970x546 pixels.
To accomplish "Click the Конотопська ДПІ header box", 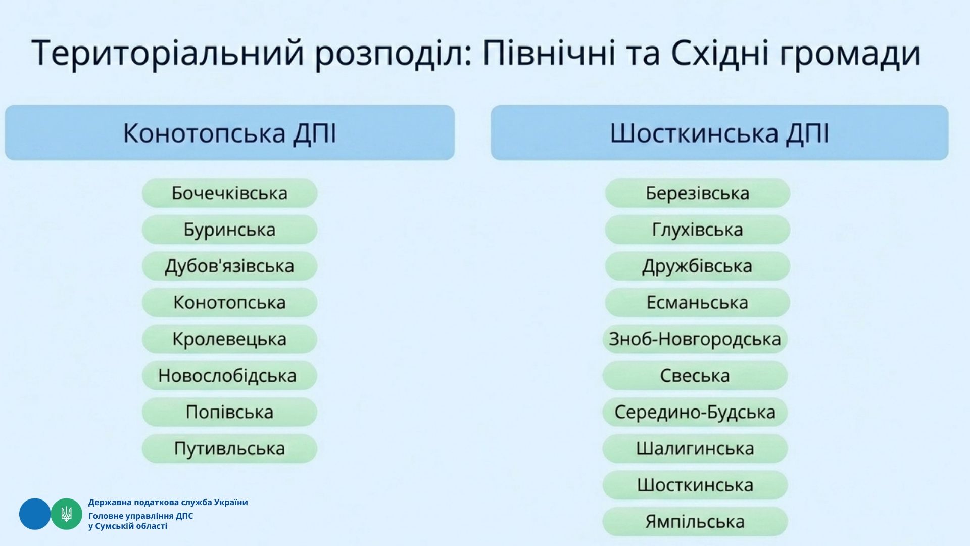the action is [x=230, y=132].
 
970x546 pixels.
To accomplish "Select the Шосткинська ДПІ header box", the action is [x=719, y=132].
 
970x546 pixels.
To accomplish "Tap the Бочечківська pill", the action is [x=229, y=193].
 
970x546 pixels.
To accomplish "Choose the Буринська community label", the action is [x=229, y=230].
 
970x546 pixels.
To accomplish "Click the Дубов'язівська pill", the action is [x=229, y=266].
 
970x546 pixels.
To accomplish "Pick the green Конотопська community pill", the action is [x=229, y=302].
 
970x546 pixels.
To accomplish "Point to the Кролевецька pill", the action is [x=229, y=339].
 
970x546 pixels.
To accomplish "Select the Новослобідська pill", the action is [x=229, y=375].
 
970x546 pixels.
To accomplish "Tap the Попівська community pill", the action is [x=229, y=412].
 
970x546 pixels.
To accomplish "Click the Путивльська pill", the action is [x=229, y=448].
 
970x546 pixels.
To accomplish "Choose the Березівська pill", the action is [x=697, y=193].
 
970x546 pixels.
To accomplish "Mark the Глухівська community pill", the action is [x=697, y=230].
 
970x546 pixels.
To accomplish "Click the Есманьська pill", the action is [x=697, y=302].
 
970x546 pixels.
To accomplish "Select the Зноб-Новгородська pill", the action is [x=695, y=339].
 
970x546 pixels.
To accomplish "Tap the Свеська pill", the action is [x=695, y=375].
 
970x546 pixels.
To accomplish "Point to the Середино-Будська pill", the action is [x=695, y=412].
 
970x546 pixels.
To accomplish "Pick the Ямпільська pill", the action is [x=695, y=521].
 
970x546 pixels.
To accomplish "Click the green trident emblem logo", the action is [x=66, y=514].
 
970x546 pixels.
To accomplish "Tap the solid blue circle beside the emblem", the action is [x=35, y=514].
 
